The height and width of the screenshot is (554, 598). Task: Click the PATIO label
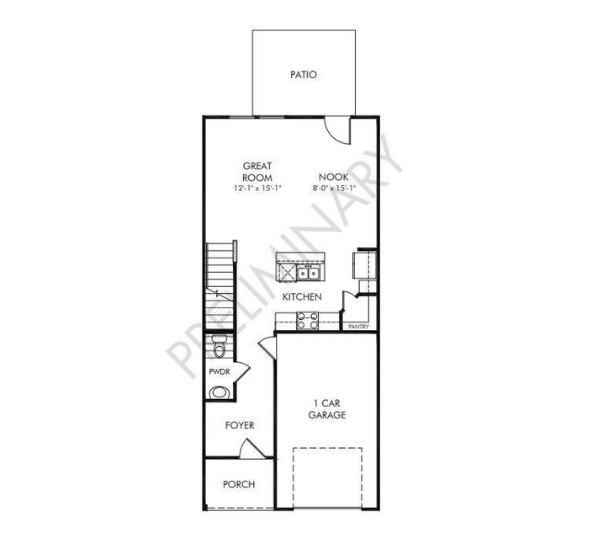click(x=303, y=74)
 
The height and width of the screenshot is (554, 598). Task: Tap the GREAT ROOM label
click(x=257, y=172)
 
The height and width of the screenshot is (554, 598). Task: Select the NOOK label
click(x=334, y=177)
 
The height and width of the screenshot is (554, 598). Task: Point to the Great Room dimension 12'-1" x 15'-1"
click(x=257, y=188)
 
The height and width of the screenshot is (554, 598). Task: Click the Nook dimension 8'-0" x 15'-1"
click(x=334, y=188)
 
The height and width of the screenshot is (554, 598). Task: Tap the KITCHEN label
click(x=302, y=296)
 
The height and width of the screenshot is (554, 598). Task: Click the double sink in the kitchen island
click(x=308, y=273)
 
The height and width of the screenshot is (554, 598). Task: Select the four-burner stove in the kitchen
click(x=307, y=321)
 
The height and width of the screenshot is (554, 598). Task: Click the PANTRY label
click(x=358, y=327)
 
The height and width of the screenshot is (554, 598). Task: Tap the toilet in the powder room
click(x=219, y=346)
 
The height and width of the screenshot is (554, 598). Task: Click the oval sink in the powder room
click(x=220, y=392)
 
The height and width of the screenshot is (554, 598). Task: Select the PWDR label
click(x=220, y=371)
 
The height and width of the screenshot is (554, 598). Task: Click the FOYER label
click(x=240, y=425)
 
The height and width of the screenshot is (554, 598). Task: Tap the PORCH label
click(x=239, y=484)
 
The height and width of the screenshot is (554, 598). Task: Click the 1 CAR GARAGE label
click(x=327, y=409)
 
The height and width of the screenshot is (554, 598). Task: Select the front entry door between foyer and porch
click(x=251, y=449)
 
